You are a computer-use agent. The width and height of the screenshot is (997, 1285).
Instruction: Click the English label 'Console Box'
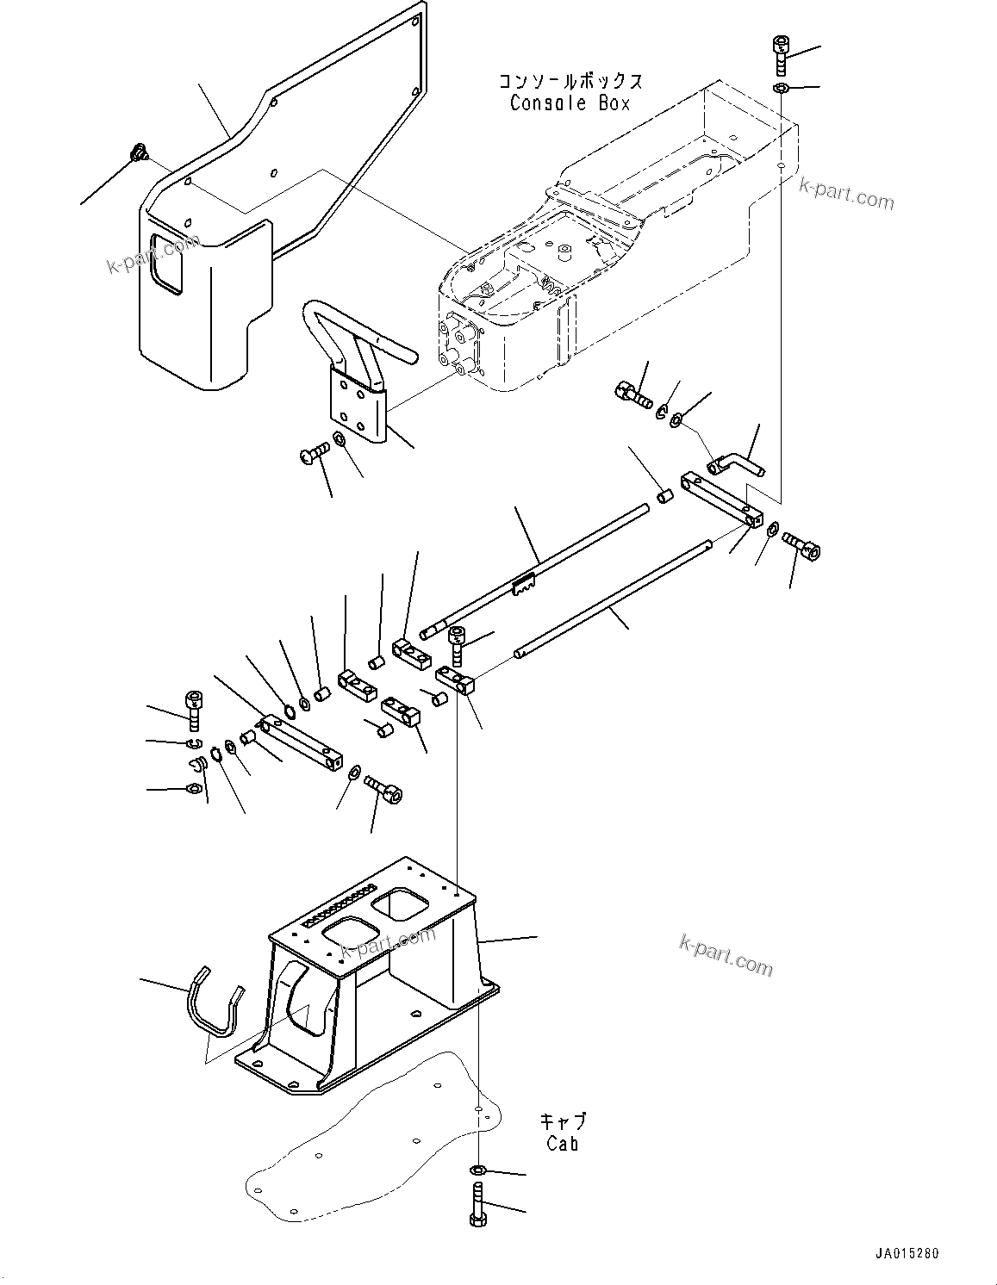pyautogui.click(x=570, y=103)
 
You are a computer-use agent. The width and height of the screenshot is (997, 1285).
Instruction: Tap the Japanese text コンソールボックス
pyautogui.click(x=570, y=82)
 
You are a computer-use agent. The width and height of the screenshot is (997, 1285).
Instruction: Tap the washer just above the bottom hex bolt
pyautogui.click(x=478, y=1170)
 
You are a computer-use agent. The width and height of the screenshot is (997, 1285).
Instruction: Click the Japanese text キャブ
pyautogui.click(x=562, y=1121)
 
